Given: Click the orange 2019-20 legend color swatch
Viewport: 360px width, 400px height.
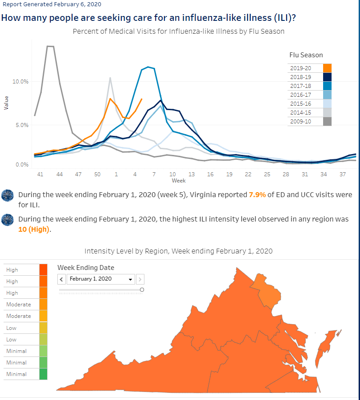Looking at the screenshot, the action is point(327,68).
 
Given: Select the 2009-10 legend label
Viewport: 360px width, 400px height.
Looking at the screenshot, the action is point(300,122).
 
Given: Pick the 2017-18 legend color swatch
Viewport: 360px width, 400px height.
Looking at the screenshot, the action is point(327,86).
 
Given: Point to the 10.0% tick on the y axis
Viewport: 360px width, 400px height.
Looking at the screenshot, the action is point(20,81).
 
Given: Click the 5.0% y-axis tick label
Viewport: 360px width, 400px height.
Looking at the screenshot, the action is point(22,125).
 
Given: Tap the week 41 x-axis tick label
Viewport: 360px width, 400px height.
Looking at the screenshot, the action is point(40,174).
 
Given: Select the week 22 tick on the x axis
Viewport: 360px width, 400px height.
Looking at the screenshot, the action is point(248,174).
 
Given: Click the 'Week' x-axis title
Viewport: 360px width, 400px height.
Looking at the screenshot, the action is point(179,181).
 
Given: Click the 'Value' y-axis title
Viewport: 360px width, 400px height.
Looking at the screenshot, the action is point(6,103).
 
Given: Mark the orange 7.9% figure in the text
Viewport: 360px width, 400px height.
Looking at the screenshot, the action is point(257,194).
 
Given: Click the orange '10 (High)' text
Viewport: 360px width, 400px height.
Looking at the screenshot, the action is point(34,230).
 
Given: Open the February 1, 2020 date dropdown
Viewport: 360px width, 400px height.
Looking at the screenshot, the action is point(101,279).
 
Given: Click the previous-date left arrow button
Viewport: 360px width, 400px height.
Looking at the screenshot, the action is point(61,279).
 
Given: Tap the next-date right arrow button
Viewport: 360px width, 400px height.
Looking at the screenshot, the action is point(140,279).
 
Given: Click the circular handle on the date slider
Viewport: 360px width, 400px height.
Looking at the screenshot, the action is point(142,290).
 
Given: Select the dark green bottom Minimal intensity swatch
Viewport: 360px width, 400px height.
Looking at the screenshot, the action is point(44,374).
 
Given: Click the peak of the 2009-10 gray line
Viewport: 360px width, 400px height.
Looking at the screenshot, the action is point(50,46).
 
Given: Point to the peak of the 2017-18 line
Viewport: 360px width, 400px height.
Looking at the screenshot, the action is point(148,67).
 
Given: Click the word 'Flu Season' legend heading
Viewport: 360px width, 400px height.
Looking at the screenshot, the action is point(306,55).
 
